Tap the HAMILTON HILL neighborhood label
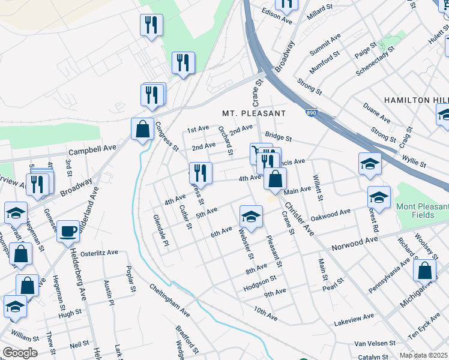pyautogui.click(x=415, y=100)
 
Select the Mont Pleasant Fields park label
pyautogui.click(x=422, y=211)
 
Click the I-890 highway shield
pyautogui.click(x=309, y=112)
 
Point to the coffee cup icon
pyautogui.click(x=68, y=230)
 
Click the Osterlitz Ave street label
pyautogui.click(x=99, y=253)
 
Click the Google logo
pyautogui.click(x=20, y=353)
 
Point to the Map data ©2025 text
pyautogui.click(x=423, y=355)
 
